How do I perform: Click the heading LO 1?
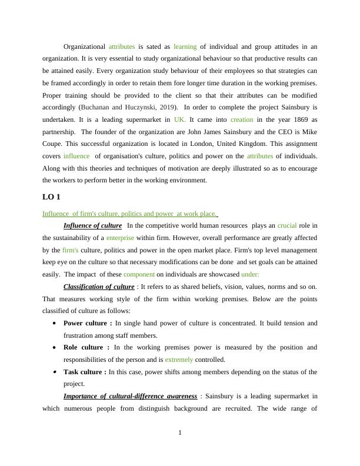coord(51,197)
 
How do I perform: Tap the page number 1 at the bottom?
coord(180,434)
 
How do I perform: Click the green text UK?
coord(180,119)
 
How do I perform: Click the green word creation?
coord(242,119)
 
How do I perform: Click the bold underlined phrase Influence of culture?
coord(92,225)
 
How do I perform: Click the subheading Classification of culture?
coord(99,287)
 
